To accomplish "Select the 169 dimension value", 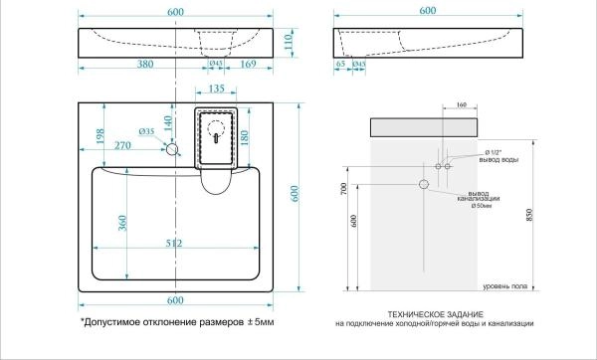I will (x=249, y=65).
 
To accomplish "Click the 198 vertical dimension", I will (x=100, y=135).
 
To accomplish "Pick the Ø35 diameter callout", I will (x=143, y=131).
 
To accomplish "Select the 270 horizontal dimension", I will (x=124, y=146).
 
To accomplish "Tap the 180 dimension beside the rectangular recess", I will (x=245, y=135).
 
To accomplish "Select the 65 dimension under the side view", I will (x=341, y=65).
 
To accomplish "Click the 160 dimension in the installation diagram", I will (x=460, y=103).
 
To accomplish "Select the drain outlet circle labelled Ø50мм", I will (x=424, y=184).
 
